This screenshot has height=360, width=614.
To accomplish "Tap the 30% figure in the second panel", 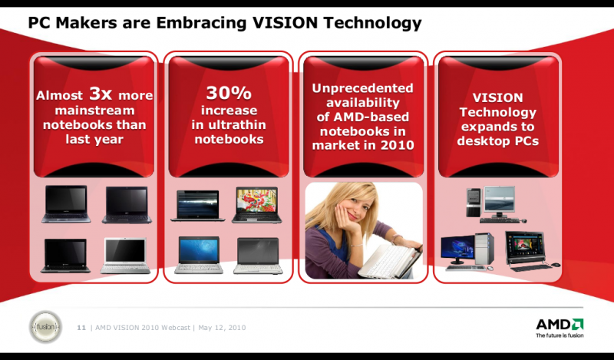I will pos(229,94).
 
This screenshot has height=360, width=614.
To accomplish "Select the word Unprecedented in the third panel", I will pos(362,88).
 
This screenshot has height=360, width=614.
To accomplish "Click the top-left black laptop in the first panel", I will pos(66,204).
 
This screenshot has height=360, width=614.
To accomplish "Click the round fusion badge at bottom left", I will pos(45,326).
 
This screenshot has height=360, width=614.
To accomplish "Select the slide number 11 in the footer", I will pos(81,328).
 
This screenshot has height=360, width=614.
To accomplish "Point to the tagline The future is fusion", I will pos(559,335).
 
